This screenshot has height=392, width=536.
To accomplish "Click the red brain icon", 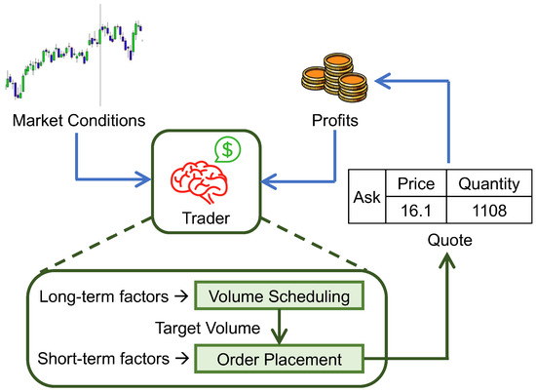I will click(200, 176).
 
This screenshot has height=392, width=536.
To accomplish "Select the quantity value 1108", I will click(482, 209).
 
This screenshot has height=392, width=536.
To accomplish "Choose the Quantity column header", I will click(482, 184).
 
